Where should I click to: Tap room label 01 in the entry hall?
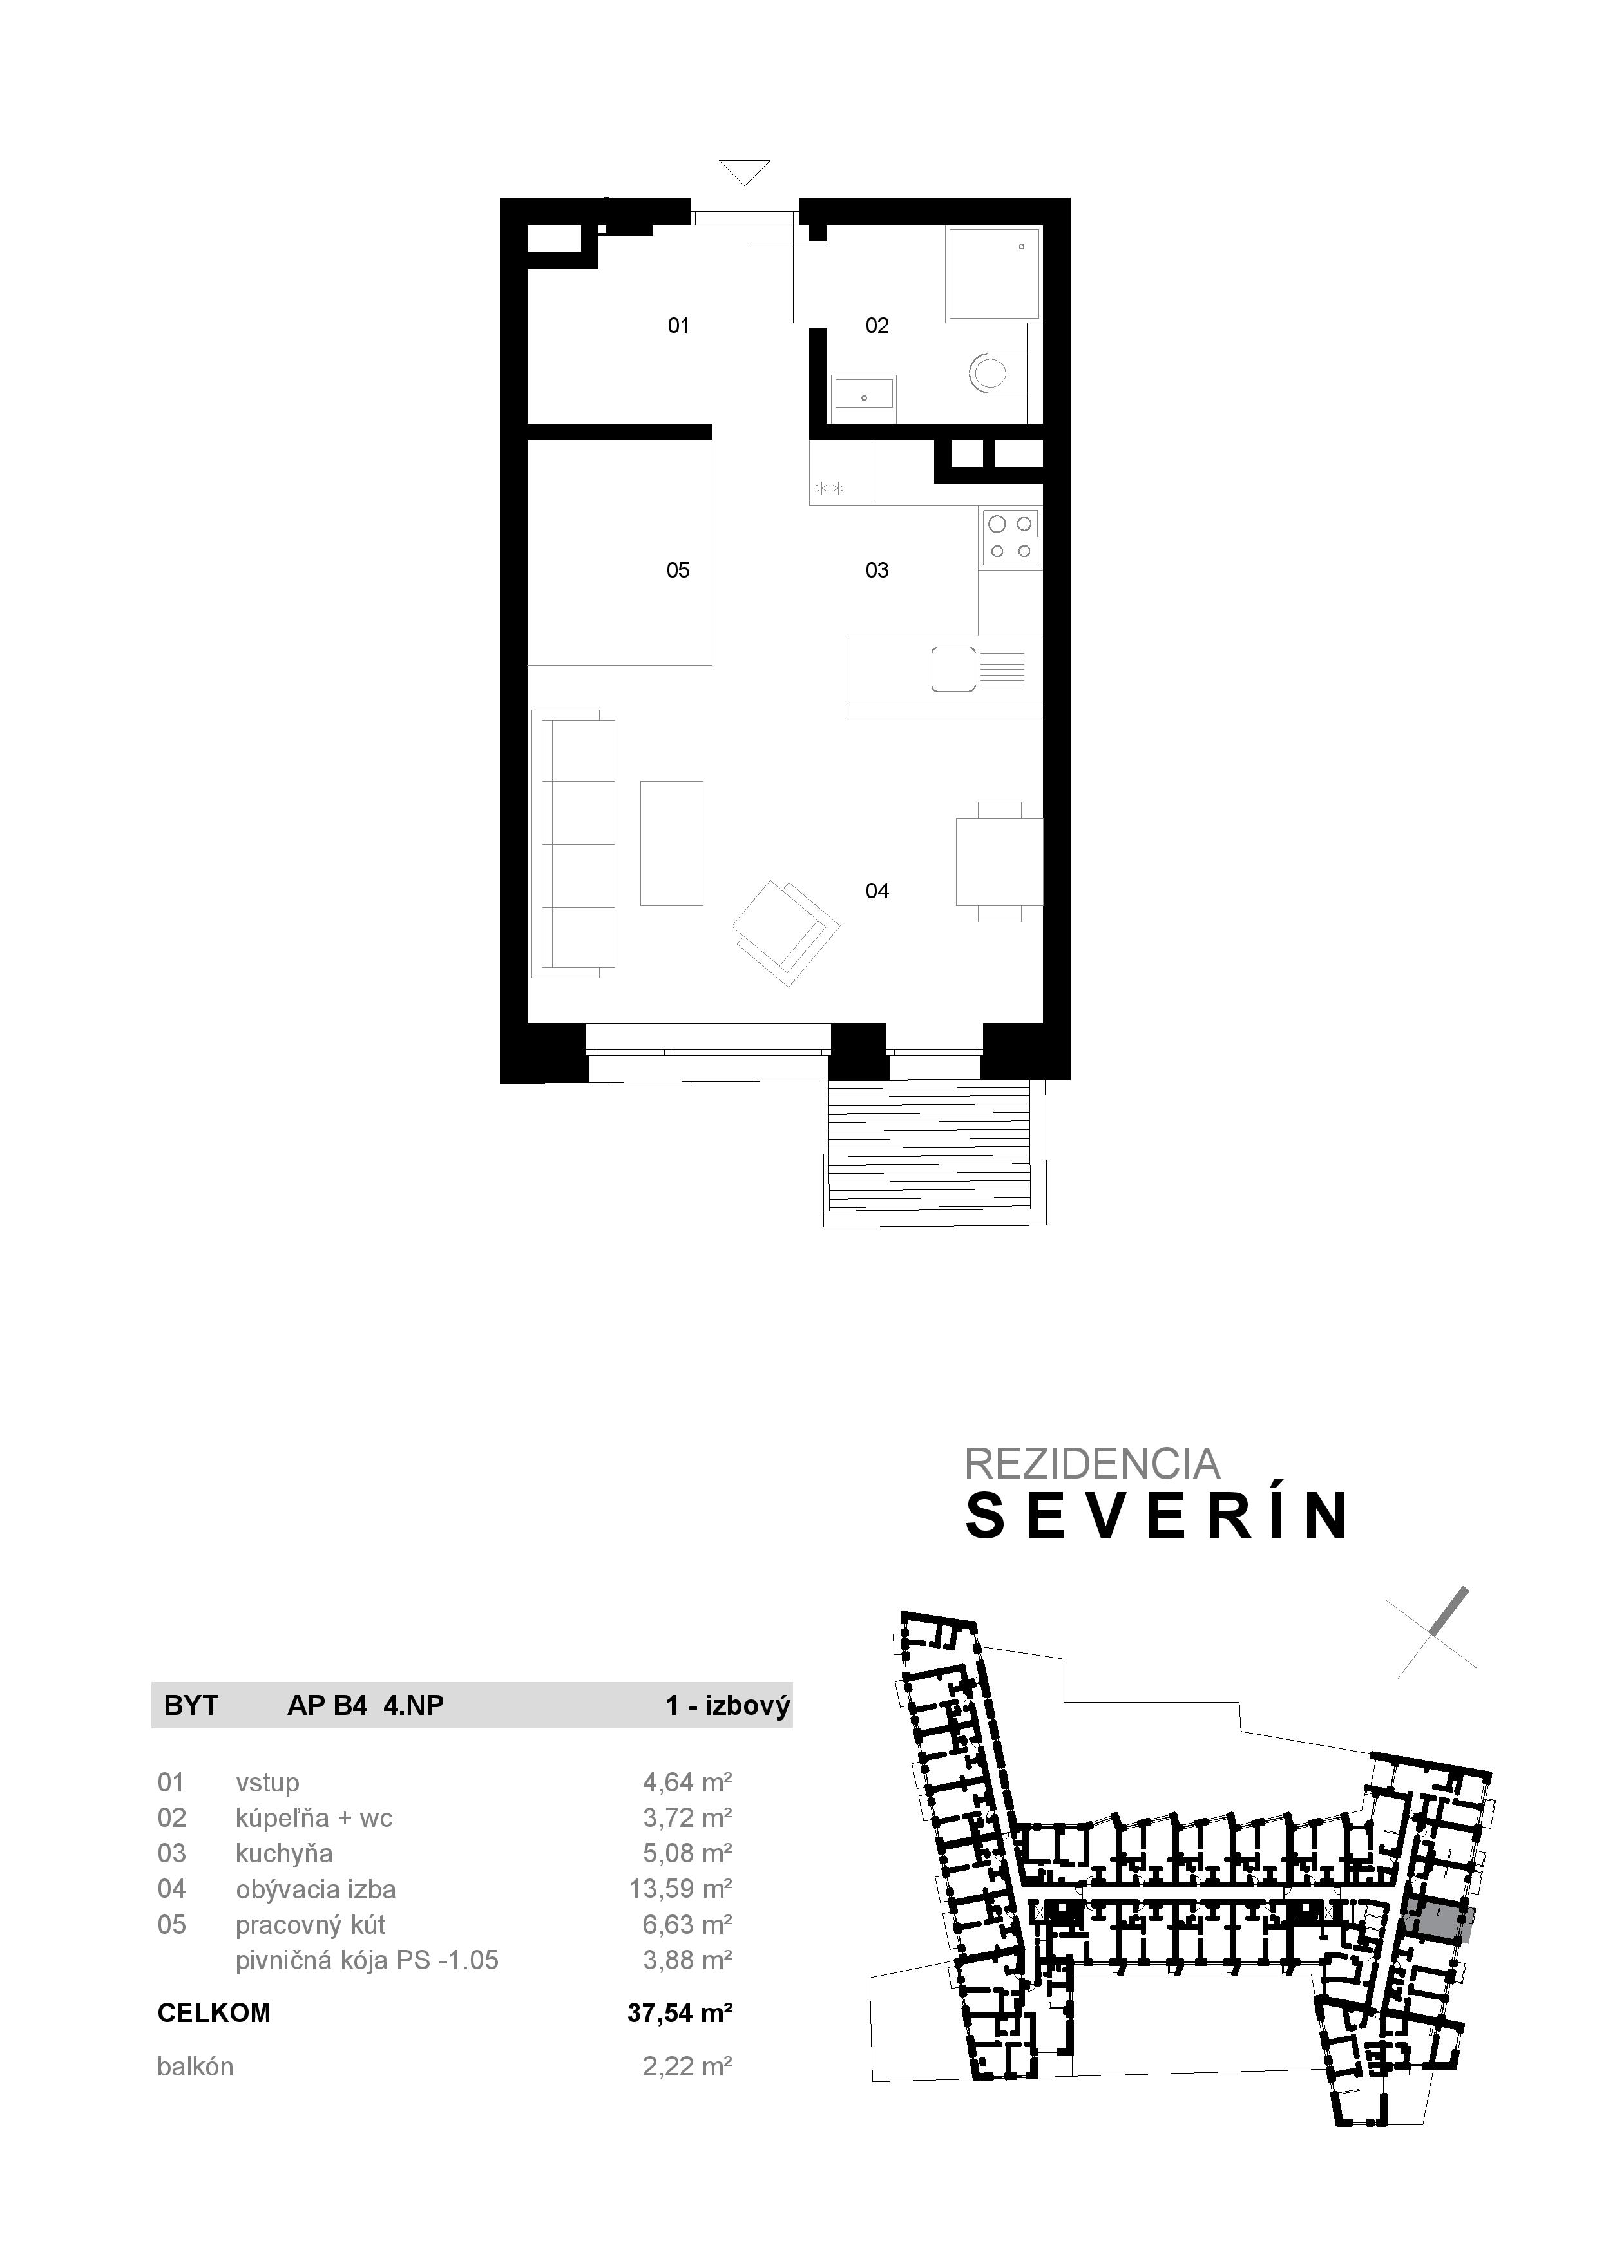coord(678,326)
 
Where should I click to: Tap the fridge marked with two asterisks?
coord(841,474)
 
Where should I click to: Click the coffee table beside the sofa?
coord(671,843)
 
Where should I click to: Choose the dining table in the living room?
coord(999,862)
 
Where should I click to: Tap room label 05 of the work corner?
coord(678,571)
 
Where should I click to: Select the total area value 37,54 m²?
coord(680,2013)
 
